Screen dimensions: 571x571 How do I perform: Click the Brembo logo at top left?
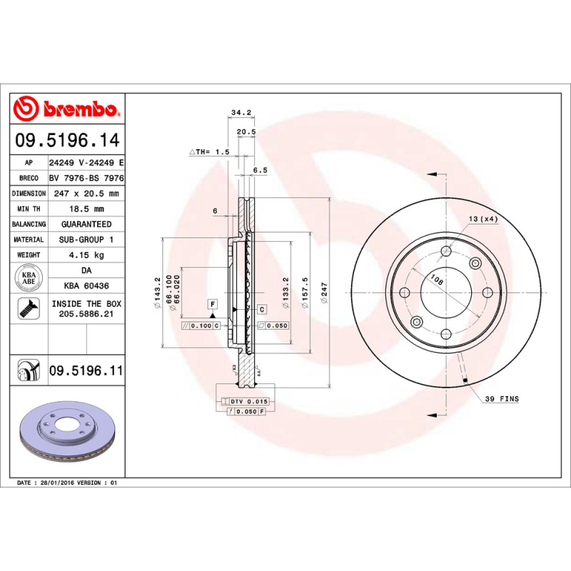(66, 109)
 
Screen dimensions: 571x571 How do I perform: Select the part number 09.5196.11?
(86, 370)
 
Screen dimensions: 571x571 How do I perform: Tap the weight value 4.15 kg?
(86, 255)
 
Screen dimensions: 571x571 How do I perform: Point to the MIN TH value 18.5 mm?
(86, 209)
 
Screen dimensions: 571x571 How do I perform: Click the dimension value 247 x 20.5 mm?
(86, 193)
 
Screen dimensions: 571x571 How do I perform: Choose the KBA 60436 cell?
(86, 285)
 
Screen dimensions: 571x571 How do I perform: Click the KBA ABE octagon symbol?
(29, 278)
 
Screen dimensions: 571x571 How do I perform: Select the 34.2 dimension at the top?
(241, 112)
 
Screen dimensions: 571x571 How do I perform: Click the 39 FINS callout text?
(502, 398)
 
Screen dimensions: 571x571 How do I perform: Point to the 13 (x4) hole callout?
(483, 218)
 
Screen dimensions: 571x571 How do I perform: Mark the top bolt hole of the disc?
(446, 251)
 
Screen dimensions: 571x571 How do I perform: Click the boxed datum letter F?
(212, 304)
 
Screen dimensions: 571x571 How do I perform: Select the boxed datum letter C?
(261, 309)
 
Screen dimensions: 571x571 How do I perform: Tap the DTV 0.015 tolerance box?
(243, 403)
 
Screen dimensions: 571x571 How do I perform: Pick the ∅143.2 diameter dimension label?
(157, 293)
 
